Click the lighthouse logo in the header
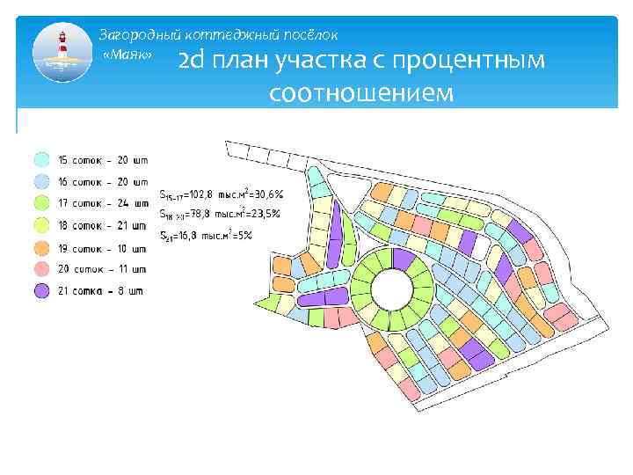(x=62, y=54)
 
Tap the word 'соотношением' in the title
(x=362, y=91)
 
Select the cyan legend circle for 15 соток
(x=41, y=160)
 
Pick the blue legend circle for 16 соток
(x=41, y=182)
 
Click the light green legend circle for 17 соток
(x=41, y=204)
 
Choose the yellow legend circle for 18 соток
(x=41, y=226)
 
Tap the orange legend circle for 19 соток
(x=41, y=248)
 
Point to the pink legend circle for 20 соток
(x=41, y=269)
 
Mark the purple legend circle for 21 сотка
(x=41, y=291)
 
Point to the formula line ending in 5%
(x=206, y=235)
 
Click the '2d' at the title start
(x=193, y=62)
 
